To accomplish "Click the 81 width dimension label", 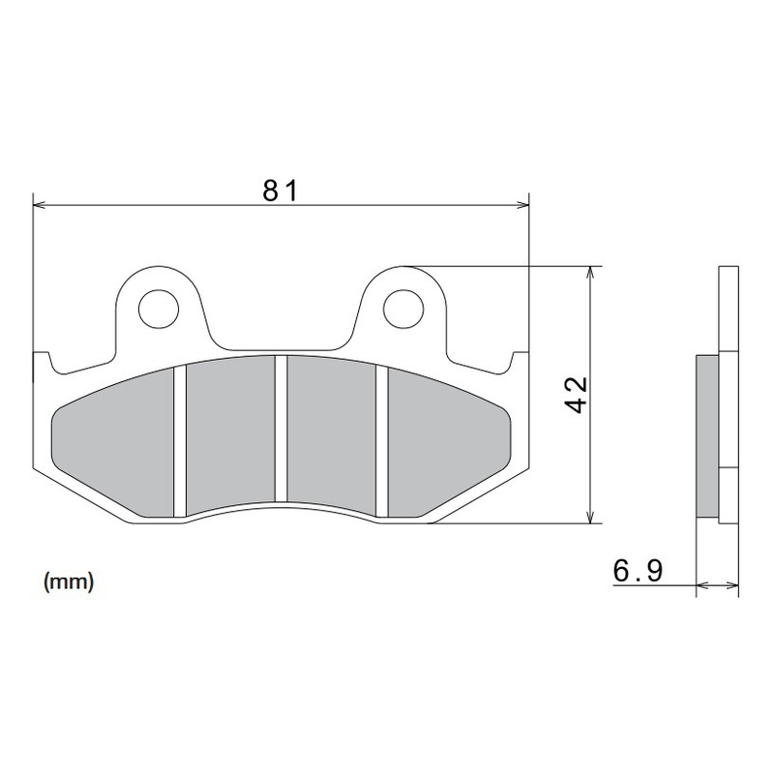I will pyautogui.click(x=280, y=190).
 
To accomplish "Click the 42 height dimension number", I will pyautogui.click(x=577, y=395).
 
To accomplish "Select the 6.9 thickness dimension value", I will pyautogui.click(x=637, y=572).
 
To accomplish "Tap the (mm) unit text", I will pyautogui.click(x=68, y=581).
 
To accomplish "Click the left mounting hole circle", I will pyautogui.click(x=159, y=309).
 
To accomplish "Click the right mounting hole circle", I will pyautogui.click(x=404, y=308).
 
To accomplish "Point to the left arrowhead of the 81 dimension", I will pyautogui.click(x=40, y=204).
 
